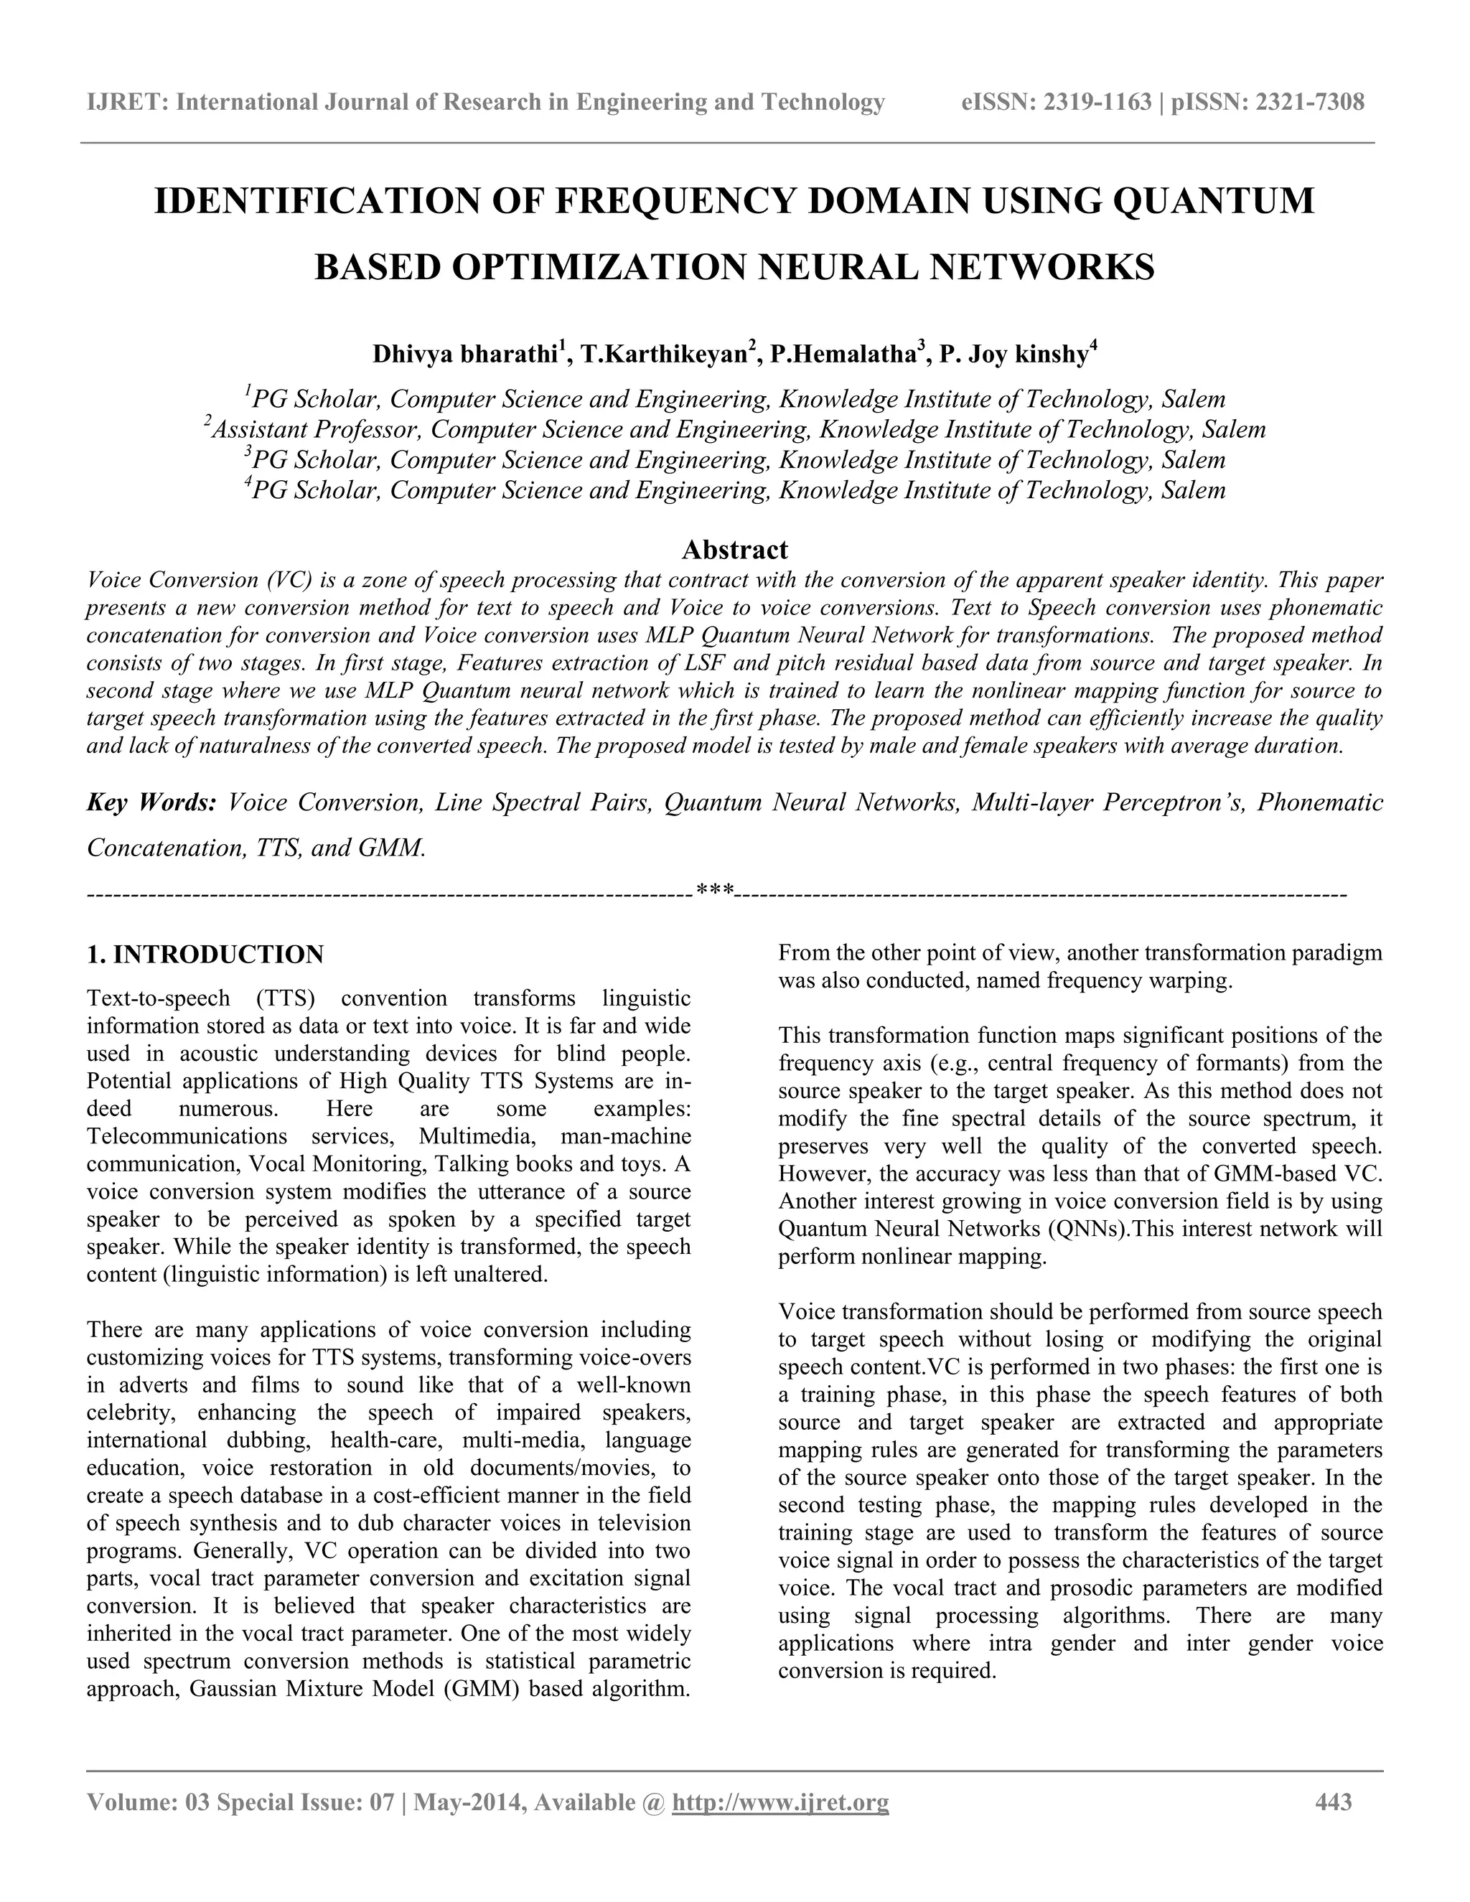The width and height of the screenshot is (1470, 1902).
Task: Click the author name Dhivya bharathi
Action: pyautogui.click(x=465, y=355)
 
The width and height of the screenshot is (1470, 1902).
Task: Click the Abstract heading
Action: pyautogui.click(x=734, y=550)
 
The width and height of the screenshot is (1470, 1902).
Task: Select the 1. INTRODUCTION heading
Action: pyautogui.click(x=205, y=955)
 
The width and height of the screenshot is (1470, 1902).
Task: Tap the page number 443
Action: pyautogui.click(x=1334, y=1802)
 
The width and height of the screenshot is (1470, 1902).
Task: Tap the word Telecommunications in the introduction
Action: pyautogui.click(x=187, y=1136)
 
